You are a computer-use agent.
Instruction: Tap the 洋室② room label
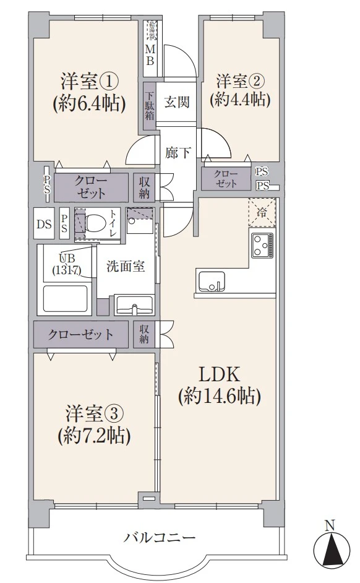[241, 80]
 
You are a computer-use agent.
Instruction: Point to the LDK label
[218, 374]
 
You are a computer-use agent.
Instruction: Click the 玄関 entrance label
[176, 102]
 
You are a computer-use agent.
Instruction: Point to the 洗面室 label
[126, 267]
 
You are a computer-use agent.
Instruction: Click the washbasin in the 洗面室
[134, 304]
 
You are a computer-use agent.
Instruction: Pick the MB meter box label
[150, 54]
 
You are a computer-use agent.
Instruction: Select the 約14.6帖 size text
[218, 396]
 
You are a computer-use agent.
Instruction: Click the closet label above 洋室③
[82, 335]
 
